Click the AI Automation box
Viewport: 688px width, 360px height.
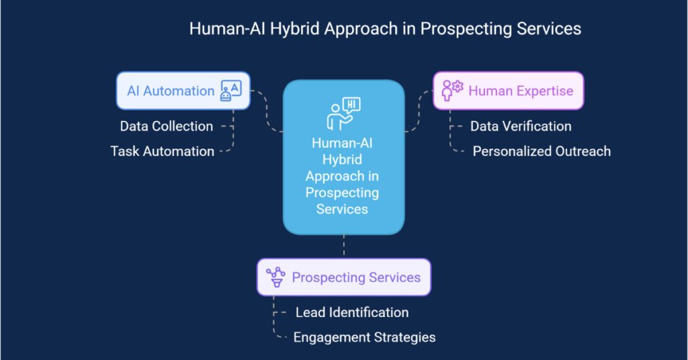coord(183,91)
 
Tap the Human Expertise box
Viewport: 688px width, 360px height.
coord(508,91)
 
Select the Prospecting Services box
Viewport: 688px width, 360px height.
coord(343,277)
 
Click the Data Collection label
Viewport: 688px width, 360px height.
coord(167,126)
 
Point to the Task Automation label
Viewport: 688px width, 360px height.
coord(163,151)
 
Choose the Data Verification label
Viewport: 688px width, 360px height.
coord(521,126)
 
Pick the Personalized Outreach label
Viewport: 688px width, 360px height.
coord(542,151)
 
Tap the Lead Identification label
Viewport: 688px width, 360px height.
coord(352,312)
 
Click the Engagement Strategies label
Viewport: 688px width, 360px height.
coord(364,337)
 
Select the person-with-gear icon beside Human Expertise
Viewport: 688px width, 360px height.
coord(452,90)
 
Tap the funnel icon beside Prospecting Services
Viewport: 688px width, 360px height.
coord(275,277)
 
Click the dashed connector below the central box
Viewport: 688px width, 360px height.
coord(343,246)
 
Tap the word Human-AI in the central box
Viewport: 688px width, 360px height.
coord(343,144)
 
